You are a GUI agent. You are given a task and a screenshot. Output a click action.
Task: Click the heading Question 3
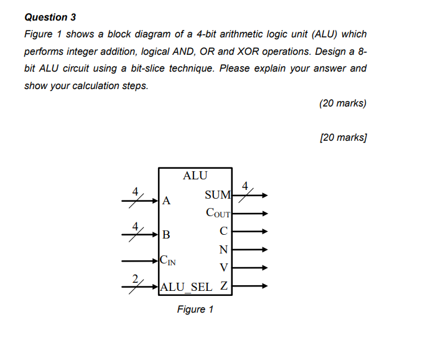coord(46,17)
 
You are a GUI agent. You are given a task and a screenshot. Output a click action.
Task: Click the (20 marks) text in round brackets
coord(342,103)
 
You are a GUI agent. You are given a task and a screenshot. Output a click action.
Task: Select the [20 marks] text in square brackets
coord(342,138)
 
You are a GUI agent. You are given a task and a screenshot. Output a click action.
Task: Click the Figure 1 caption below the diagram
coord(195,310)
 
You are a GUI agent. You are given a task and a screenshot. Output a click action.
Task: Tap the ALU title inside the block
coord(195,176)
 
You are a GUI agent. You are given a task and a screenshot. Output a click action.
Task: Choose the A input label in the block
coord(166,201)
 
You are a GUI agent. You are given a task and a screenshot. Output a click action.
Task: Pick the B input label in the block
coord(165,235)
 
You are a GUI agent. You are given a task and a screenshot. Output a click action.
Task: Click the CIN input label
coord(167,260)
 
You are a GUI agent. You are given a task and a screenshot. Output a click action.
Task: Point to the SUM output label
coord(218,196)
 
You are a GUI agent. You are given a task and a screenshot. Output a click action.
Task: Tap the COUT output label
coord(218,213)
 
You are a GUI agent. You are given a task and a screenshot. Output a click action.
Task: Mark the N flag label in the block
coord(224,250)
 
